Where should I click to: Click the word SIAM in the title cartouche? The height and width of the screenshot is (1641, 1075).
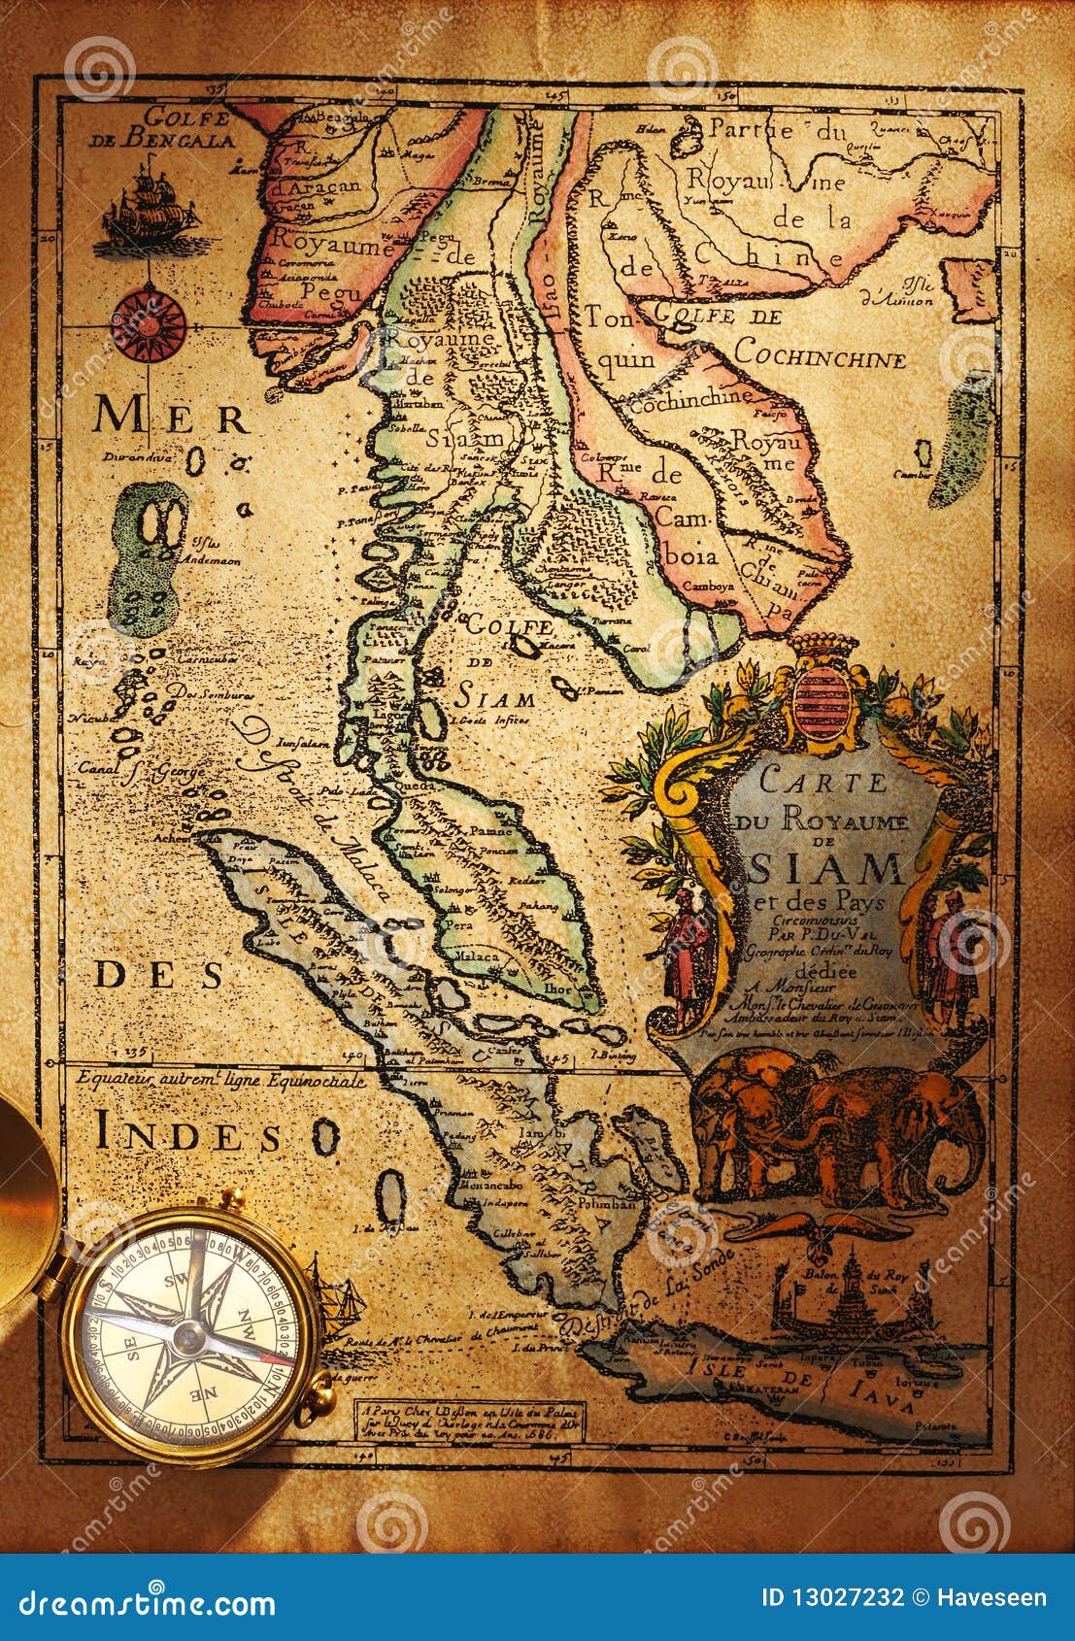826,862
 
